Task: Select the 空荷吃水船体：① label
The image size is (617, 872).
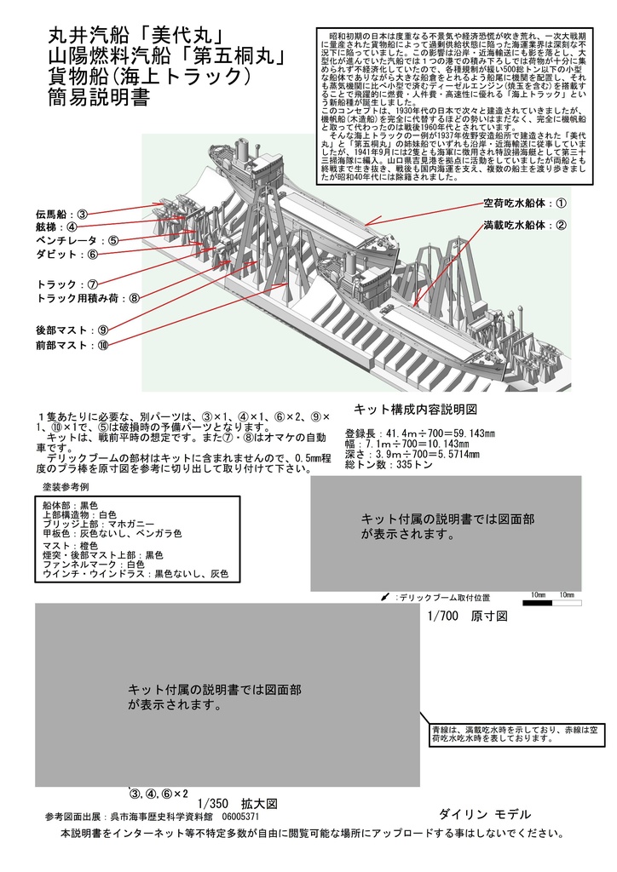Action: [525, 203]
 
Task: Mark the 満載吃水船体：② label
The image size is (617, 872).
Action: [525, 226]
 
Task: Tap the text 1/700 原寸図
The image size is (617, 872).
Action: [469, 616]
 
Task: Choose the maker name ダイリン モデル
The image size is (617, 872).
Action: [484, 814]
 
